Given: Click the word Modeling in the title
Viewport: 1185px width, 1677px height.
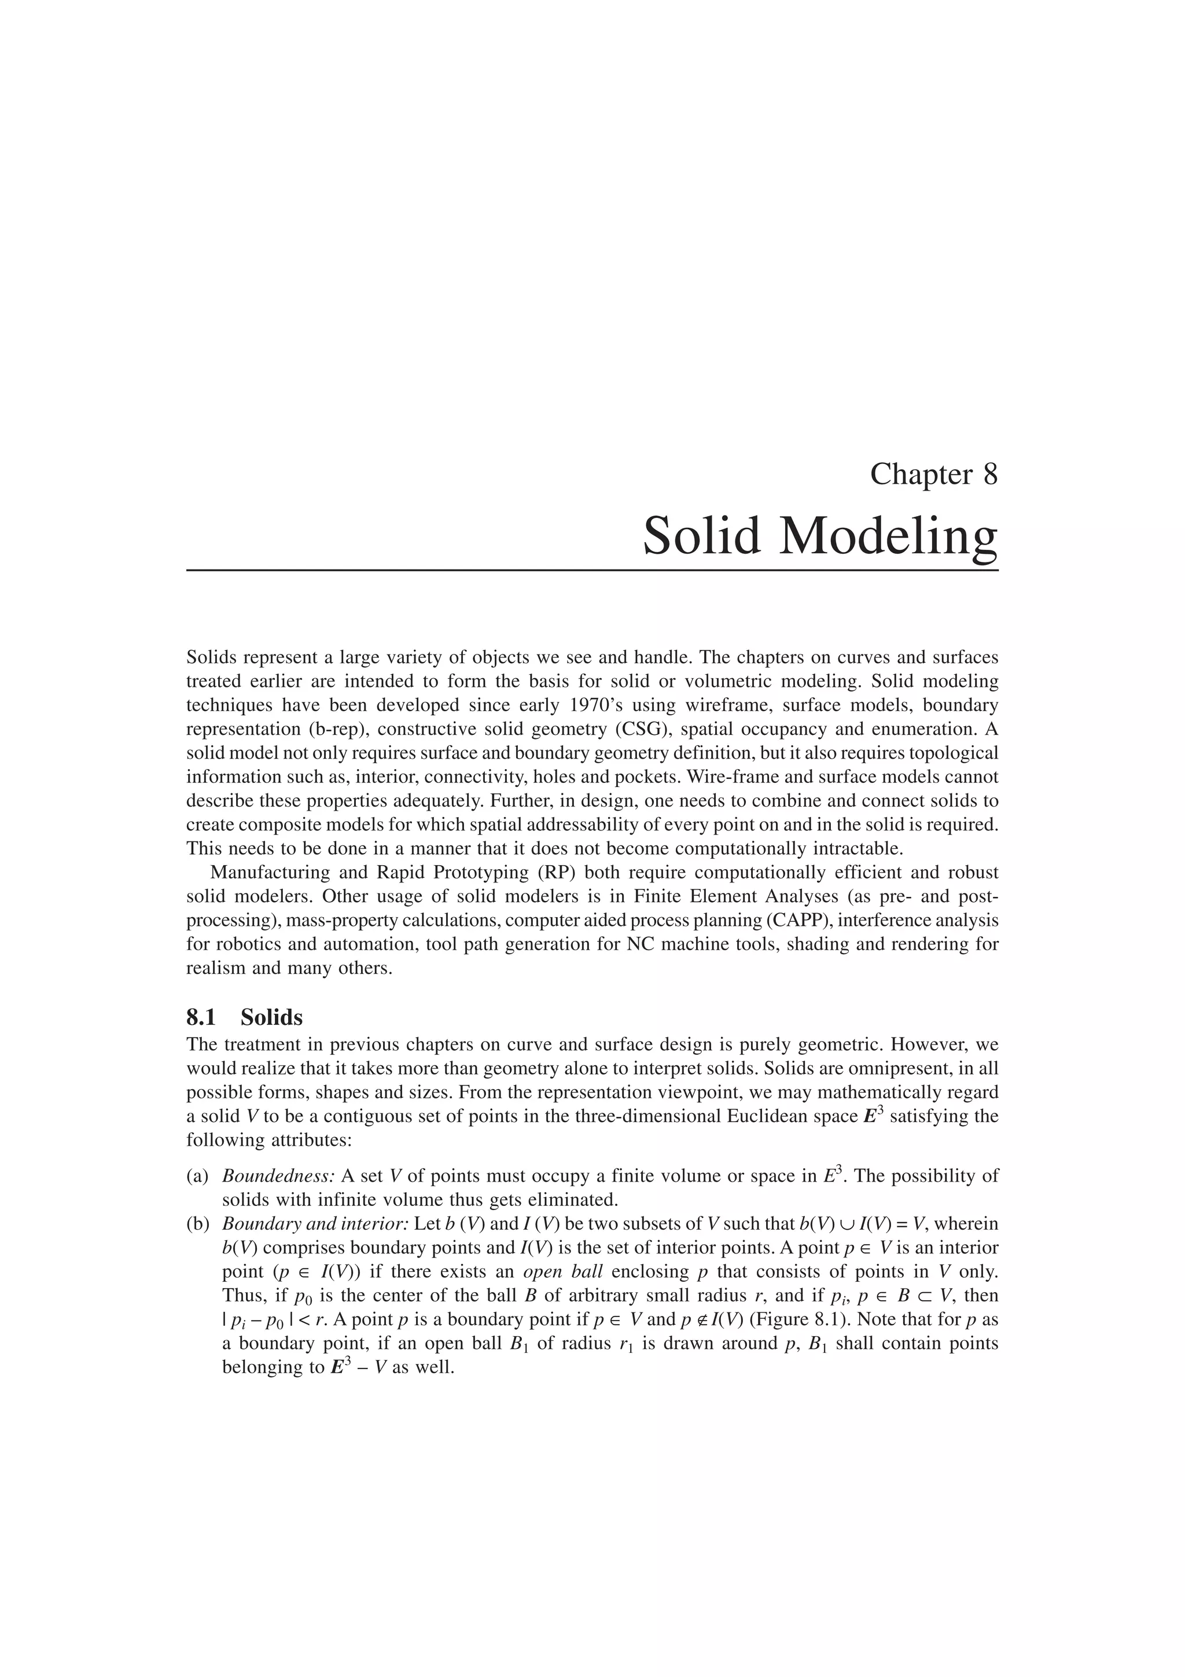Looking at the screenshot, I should coord(888,537).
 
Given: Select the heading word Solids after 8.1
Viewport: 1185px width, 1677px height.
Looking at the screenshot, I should coord(271,1017).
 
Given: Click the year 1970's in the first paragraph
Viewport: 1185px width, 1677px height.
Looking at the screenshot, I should coord(578,705).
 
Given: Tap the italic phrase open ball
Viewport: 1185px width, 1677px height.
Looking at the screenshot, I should coord(563,1271).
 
